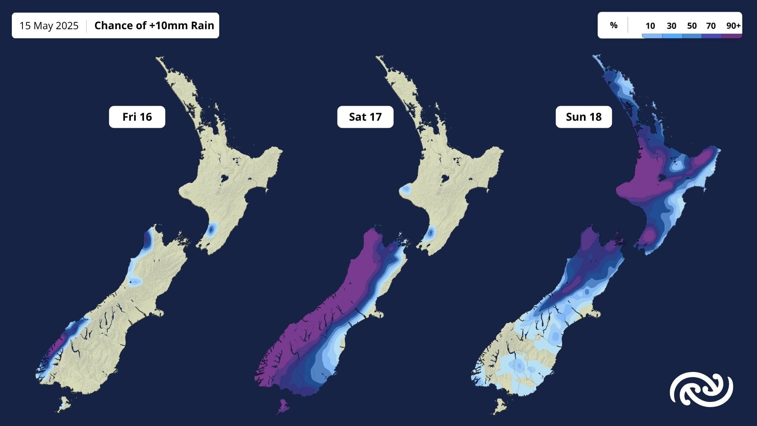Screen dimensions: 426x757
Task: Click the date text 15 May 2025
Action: point(49,26)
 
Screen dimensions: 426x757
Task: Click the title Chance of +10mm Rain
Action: point(154,26)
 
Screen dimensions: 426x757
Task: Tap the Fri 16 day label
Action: point(137,117)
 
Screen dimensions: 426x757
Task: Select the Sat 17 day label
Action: point(365,117)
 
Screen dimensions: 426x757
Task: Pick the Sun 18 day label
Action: point(584,117)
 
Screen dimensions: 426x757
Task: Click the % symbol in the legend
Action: point(613,25)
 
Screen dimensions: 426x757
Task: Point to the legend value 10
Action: point(650,26)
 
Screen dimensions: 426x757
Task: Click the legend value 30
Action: point(671,26)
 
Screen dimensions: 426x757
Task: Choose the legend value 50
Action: point(692,26)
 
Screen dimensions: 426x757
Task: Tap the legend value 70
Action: point(711,26)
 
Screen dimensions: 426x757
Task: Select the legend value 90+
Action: point(733,26)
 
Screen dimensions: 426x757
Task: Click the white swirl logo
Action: point(701,389)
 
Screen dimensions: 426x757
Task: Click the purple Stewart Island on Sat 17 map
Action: point(283,406)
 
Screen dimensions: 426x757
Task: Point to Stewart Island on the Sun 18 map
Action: point(500,406)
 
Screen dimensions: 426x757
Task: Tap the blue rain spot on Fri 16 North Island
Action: point(212,229)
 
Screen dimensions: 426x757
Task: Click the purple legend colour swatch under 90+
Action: point(732,36)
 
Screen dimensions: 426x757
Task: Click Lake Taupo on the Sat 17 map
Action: point(446,178)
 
